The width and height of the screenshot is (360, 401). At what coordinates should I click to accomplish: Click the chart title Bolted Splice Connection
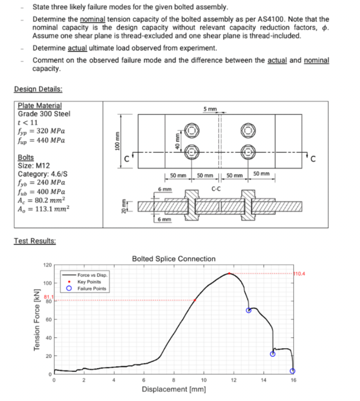[x=174, y=259]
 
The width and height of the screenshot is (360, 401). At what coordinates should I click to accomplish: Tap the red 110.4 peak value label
[x=299, y=274]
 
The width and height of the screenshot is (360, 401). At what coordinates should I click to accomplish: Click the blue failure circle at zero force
[x=293, y=371]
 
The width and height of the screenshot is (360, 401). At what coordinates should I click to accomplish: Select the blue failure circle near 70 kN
[x=249, y=310]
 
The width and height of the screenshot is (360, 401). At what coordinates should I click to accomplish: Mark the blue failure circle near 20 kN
[x=273, y=354]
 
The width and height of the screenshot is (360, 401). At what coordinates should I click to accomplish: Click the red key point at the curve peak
[x=229, y=273]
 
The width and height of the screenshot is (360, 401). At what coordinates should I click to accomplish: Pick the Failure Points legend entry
[x=92, y=289]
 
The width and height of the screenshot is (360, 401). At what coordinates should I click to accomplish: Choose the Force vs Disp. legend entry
[x=92, y=275]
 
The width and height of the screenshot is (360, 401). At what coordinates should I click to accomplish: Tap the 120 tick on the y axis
[x=47, y=265]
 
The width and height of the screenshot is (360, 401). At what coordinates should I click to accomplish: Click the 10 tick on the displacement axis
[x=204, y=380]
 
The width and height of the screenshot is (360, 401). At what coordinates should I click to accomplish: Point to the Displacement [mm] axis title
[x=174, y=389]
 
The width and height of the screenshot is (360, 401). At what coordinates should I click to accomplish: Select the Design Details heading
[x=38, y=89]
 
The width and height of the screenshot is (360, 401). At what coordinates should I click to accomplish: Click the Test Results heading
[x=35, y=241]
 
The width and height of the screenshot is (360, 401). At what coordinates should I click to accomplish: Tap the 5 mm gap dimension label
[x=210, y=109]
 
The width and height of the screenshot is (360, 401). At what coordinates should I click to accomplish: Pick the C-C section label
[x=216, y=189]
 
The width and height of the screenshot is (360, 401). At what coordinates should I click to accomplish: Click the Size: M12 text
[x=34, y=166]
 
